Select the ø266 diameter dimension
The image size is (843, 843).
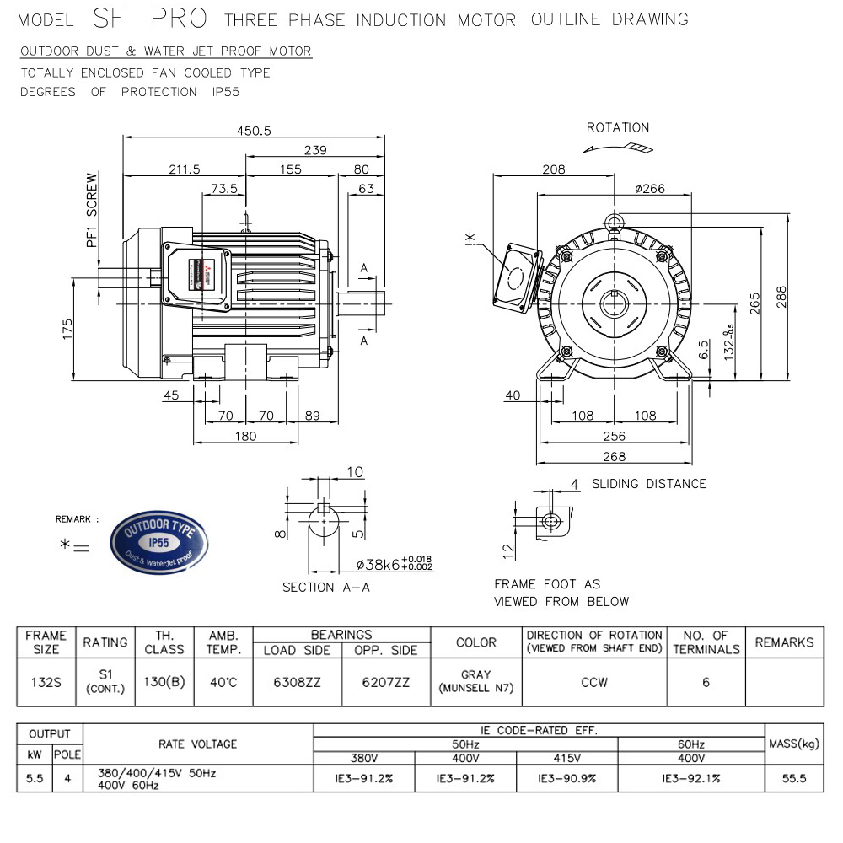click(x=649, y=188)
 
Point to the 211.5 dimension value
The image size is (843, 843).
click(x=184, y=169)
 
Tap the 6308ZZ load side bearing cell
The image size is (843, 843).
click(x=297, y=682)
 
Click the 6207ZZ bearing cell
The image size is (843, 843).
click(x=386, y=682)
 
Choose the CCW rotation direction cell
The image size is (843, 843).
click(x=594, y=682)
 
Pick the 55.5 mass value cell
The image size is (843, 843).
click(x=794, y=779)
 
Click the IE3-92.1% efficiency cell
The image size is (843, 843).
click(x=691, y=779)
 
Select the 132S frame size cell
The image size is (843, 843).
click(x=46, y=682)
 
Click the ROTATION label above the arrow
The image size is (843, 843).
click(x=618, y=128)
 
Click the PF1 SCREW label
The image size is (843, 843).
click(x=92, y=211)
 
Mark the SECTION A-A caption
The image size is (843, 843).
click(x=326, y=588)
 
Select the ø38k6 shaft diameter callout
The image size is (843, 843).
click(x=395, y=564)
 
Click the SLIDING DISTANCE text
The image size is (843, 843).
click(x=648, y=484)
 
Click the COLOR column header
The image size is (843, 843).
click(x=475, y=642)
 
